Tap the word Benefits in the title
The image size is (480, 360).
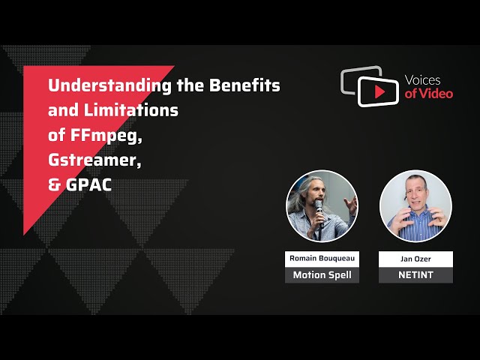coord(244,85)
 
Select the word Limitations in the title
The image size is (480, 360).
coord(131,110)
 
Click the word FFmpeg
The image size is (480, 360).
coord(106,136)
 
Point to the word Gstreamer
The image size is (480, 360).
coord(94,160)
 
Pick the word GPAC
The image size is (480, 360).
coord(88,185)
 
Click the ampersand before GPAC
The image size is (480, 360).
coord(55,185)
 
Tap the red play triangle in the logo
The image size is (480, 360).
coord(379,91)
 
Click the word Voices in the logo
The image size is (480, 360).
coord(422,80)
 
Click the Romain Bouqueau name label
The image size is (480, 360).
coord(322,259)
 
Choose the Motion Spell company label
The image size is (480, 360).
coord(322,275)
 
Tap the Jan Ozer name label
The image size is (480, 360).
coord(415,259)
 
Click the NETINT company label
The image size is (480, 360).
coord(415,275)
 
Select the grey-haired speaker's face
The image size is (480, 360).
coord(315,193)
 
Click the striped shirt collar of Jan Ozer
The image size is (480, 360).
coord(415,215)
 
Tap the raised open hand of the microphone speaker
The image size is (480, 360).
coord(351,205)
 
